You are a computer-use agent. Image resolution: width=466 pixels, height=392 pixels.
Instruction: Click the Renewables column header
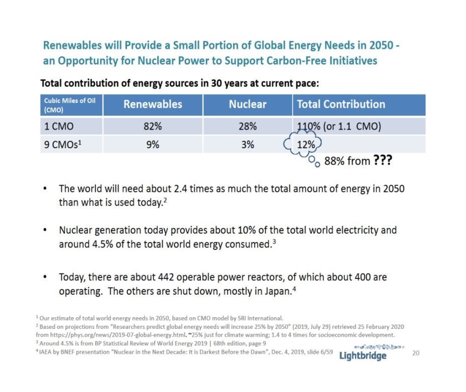click(153, 104)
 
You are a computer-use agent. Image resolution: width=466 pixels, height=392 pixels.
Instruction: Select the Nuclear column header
click(248, 104)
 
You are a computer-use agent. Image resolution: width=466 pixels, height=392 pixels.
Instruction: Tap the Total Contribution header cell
click(341, 104)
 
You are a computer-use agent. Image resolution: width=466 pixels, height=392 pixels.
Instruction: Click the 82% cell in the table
click(152, 126)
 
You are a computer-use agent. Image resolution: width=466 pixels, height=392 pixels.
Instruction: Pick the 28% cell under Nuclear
click(247, 126)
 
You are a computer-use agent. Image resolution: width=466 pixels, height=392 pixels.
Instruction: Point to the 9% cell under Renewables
click(152, 145)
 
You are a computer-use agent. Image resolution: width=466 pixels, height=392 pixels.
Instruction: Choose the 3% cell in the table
click(247, 145)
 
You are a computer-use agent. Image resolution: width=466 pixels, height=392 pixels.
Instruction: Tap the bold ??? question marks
click(382, 161)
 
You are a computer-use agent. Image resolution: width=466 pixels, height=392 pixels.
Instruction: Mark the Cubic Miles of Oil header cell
click(70, 104)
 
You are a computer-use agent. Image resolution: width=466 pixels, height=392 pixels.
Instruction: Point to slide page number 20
click(415, 353)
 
